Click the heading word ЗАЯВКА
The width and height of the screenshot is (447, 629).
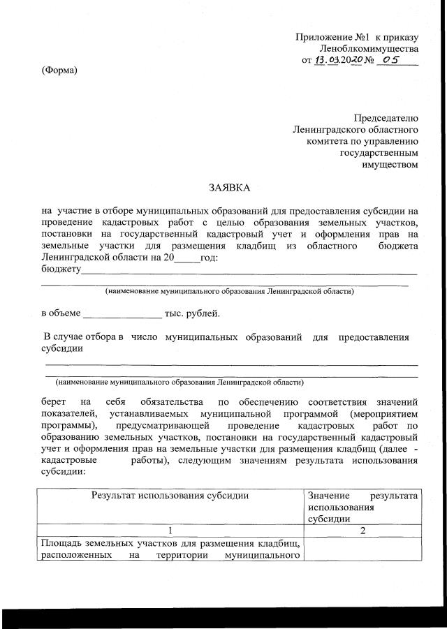click(x=229, y=188)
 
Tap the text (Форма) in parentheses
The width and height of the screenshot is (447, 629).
click(x=59, y=70)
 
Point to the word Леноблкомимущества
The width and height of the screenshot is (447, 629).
click(x=369, y=49)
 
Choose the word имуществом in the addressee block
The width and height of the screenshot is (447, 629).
click(x=390, y=165)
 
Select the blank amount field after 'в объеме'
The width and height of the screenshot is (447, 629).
click(x=122, y=313)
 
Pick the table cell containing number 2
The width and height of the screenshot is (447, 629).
click(x=362, y=530)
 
